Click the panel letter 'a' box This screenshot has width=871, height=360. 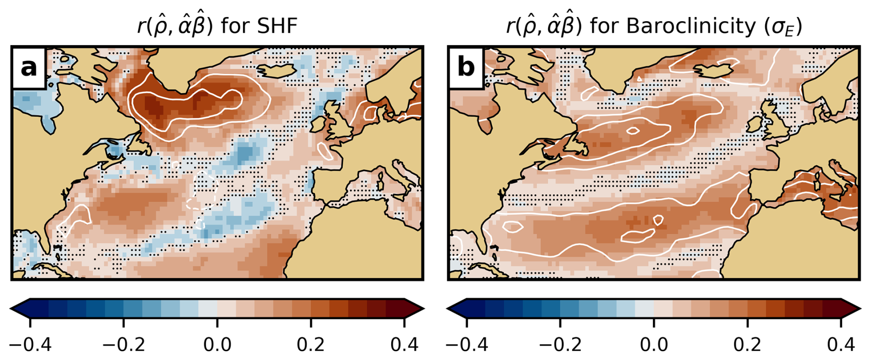(x=29, y=68)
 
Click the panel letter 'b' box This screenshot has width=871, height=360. (x=465, y=68)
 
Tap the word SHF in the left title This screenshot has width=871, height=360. (x=278, y=26)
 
